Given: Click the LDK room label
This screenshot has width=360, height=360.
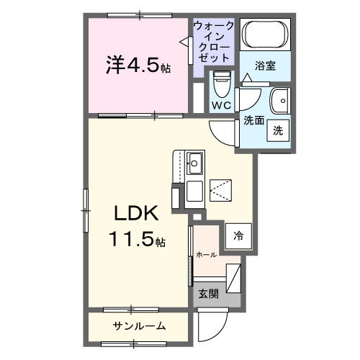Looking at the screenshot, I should click(x=134, y=215).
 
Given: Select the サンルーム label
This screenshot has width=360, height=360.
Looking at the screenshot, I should click(x=139, y=326).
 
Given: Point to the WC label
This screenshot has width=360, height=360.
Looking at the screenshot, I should click(x=220, y=104).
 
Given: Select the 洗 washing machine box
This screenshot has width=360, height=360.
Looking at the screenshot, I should click(x=277, y=130).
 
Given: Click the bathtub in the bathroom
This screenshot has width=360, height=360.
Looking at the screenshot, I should click(x=265, y=34).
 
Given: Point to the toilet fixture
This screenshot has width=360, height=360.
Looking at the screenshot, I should click(x=221, y=84).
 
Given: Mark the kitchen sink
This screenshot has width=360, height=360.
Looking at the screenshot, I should click(x=194, y=160).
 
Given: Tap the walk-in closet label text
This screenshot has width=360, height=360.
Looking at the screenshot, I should click(x=213, y=41).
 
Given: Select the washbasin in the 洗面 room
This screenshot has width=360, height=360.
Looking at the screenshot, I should click(x=277, y=99).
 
